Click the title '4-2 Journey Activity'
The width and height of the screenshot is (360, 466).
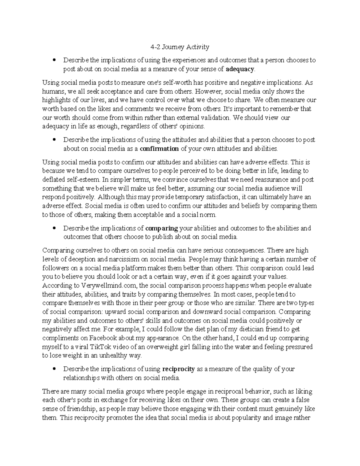click(x=180, y=47)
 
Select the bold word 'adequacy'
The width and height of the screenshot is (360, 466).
click(x=240, y=69)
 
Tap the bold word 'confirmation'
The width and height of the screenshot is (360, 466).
click(x=159, y=149)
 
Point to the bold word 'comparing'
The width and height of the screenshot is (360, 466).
click(x=161, y=228)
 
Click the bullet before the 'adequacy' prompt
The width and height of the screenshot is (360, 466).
click(x=54, y=61)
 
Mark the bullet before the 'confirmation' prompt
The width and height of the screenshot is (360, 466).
click(x=54, y=140)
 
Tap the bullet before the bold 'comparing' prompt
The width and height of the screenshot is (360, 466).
click(x=54, y=228)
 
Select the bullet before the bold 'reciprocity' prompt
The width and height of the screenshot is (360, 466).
click(x=54, y=369)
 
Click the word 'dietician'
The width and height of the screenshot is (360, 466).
click(x=242, y=329)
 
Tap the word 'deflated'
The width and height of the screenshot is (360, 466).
click(x=53, y=180)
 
